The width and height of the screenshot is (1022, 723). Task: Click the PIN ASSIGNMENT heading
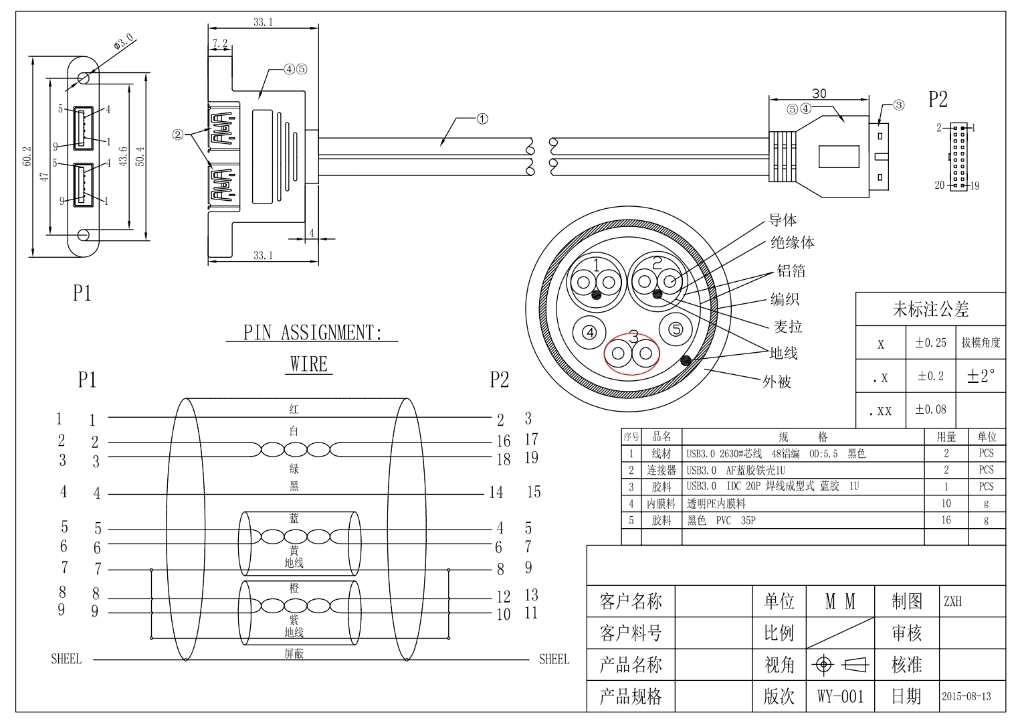point(312,333)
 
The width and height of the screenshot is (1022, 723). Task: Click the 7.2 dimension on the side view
point(219,44)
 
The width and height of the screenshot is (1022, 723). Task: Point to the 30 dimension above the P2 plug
point(819,94)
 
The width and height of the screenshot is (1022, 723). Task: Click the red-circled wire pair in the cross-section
point(631,353)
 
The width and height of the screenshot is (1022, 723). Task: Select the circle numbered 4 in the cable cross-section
point(589,332)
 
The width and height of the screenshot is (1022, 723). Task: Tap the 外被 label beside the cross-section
point(777,382)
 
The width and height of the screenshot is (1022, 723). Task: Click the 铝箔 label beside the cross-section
point(791,270)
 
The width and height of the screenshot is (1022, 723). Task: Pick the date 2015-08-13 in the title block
point(966,696)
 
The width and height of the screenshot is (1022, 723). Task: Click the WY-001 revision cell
point(841,696)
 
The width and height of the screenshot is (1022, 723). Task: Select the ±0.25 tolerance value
point(930,343)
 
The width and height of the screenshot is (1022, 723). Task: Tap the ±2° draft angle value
point(981,376)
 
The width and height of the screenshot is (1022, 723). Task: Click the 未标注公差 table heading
point(930,309)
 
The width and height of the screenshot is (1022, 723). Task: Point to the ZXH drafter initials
point(952,601)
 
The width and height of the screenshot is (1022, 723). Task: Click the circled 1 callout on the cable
point(482,119)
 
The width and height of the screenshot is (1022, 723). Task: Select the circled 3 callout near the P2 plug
point(898,105)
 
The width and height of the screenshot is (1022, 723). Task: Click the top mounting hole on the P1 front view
point(84,78)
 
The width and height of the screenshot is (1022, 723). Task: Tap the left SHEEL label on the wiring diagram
point(66,659)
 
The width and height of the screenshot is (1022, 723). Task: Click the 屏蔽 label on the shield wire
point(294,653)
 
